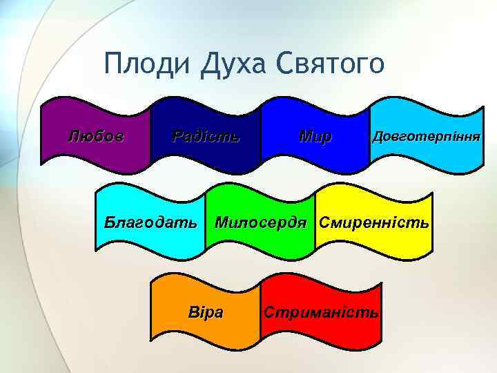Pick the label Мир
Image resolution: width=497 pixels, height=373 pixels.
315,135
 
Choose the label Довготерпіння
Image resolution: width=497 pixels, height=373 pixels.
426,135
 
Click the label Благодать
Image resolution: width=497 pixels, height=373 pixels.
150,223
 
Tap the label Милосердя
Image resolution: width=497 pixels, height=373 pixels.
260,223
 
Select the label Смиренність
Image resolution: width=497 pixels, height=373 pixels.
373,223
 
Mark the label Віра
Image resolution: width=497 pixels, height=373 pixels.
206,312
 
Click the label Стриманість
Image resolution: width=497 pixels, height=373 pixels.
321,312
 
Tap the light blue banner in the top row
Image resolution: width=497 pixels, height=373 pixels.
426,155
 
